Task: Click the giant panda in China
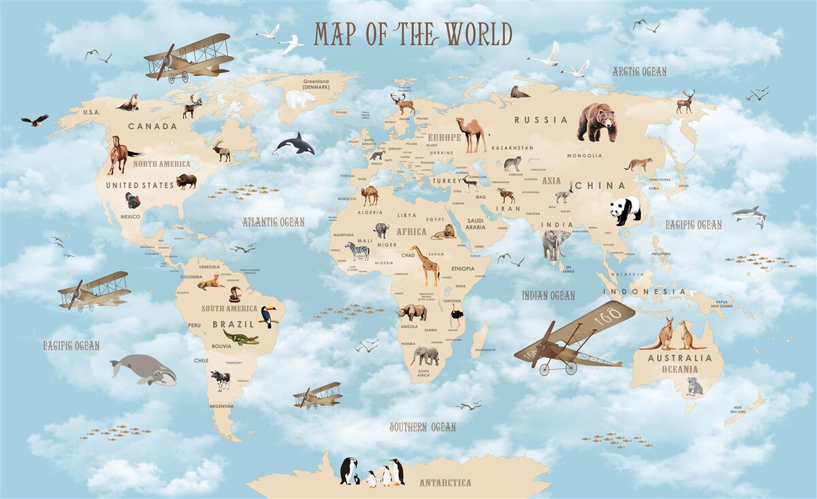point(625,210)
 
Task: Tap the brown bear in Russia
point(596,122)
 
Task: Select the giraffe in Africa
point(427,265)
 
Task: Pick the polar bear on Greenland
point(300,99)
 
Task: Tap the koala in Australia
point(694,386)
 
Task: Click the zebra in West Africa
point(357,251)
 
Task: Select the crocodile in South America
point(240,337)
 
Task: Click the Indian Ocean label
point(548,295)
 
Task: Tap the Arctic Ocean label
point(639,71)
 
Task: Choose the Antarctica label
point(445,483)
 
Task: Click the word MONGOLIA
point(584,156)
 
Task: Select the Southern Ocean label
point(422,427)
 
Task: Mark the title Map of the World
point(413,34)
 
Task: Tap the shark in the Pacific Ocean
point(749,214)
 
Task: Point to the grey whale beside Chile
point(144,370)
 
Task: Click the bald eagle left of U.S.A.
point(35,120)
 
